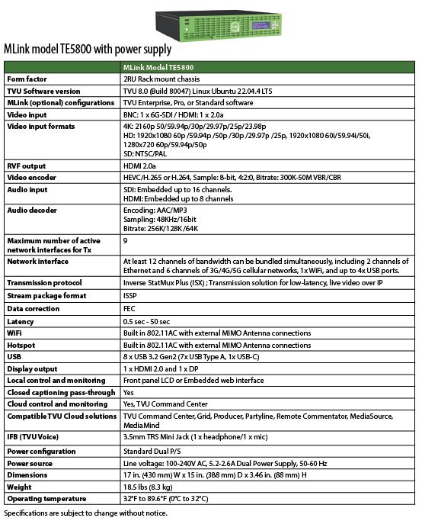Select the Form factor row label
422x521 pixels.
pos(27,79)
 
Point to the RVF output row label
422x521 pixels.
pos(27,166)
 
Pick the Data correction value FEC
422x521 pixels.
pos(129,309)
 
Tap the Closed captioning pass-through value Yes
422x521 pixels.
pos(129,392)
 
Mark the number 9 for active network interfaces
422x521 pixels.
pos(125,240)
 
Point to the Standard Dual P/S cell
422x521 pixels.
pos(155,451)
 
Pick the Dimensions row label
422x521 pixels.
pos(27,474)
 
